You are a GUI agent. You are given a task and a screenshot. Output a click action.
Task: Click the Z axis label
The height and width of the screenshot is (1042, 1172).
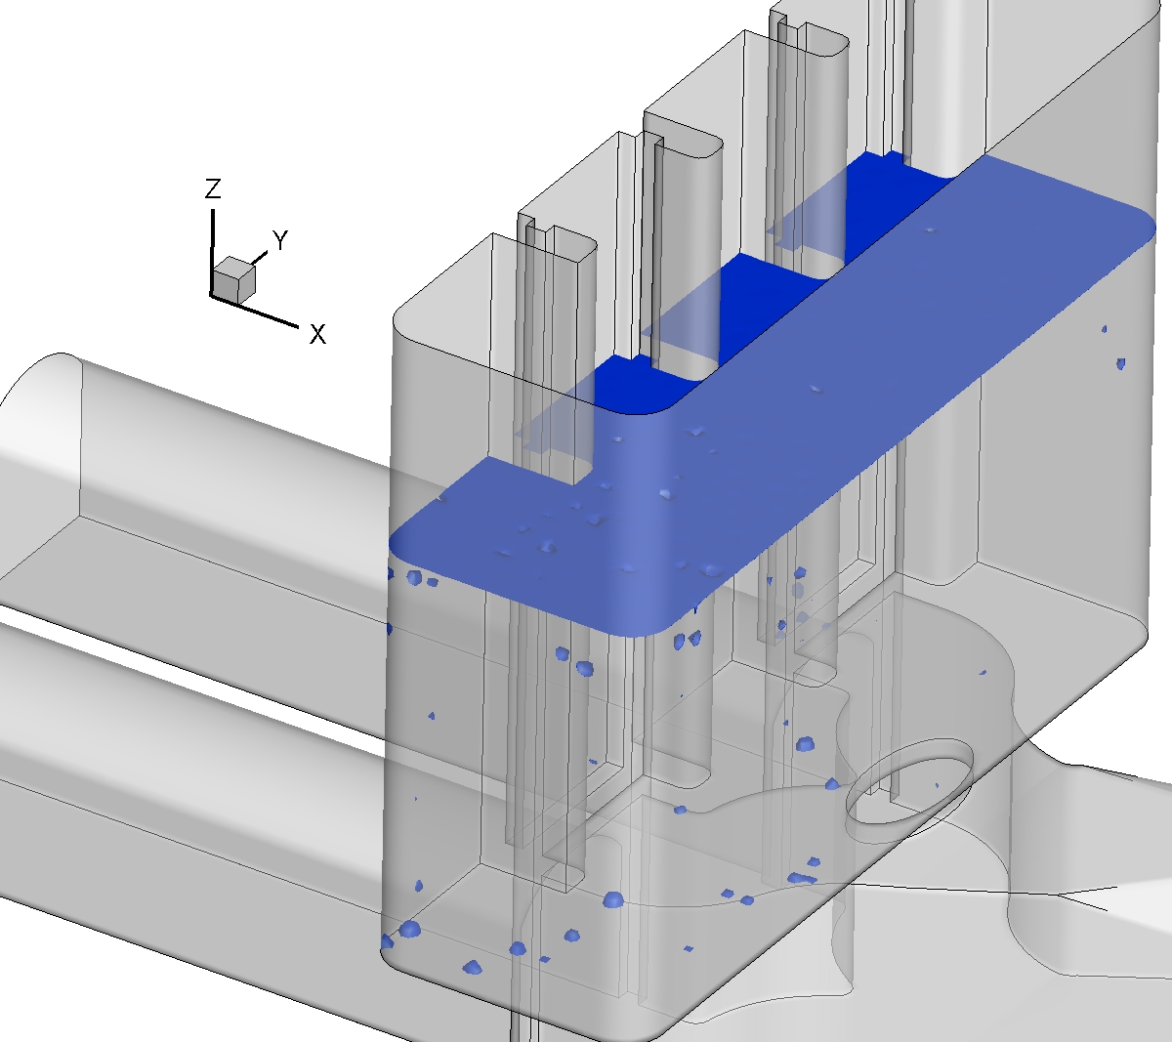click(213, 188)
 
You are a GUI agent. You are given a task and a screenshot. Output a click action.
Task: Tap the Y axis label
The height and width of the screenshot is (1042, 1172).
click(280, 240)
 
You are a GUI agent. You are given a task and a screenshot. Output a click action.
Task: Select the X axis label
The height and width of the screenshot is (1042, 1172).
click(317, 334)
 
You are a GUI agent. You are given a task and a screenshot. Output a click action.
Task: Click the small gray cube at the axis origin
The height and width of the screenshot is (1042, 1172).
click(233, 280)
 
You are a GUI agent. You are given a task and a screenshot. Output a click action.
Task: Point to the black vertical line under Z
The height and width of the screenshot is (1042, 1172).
click(213, 252)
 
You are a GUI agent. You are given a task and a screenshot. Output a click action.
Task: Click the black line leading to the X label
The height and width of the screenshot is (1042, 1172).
click(255, 312)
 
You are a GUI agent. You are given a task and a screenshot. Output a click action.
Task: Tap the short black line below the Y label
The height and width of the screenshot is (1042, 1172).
click(260, 258)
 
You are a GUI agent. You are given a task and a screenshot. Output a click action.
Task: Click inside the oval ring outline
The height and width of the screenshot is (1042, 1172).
click(909, 782)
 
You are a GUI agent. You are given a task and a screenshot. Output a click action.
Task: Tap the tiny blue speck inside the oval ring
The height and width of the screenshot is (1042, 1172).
click(937, 785)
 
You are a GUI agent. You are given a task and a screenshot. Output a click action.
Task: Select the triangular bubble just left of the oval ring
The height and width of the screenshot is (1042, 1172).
click(832, 784)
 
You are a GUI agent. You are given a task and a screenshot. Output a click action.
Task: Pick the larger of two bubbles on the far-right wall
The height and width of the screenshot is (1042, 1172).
click(1120, 363)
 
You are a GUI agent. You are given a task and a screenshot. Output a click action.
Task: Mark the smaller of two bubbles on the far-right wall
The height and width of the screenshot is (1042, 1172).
click(1105, 329)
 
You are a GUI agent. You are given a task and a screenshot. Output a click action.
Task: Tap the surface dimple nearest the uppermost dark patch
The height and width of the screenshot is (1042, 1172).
click(930, 230)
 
